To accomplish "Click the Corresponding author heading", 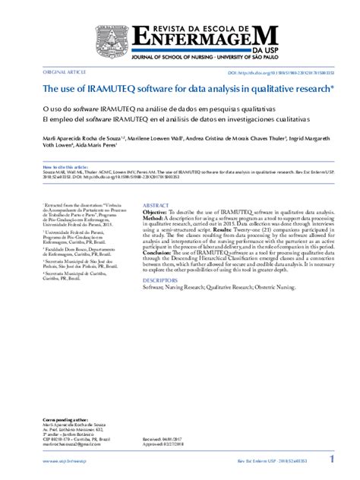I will (65, 419).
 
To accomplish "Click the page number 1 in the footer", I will (331, 460).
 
